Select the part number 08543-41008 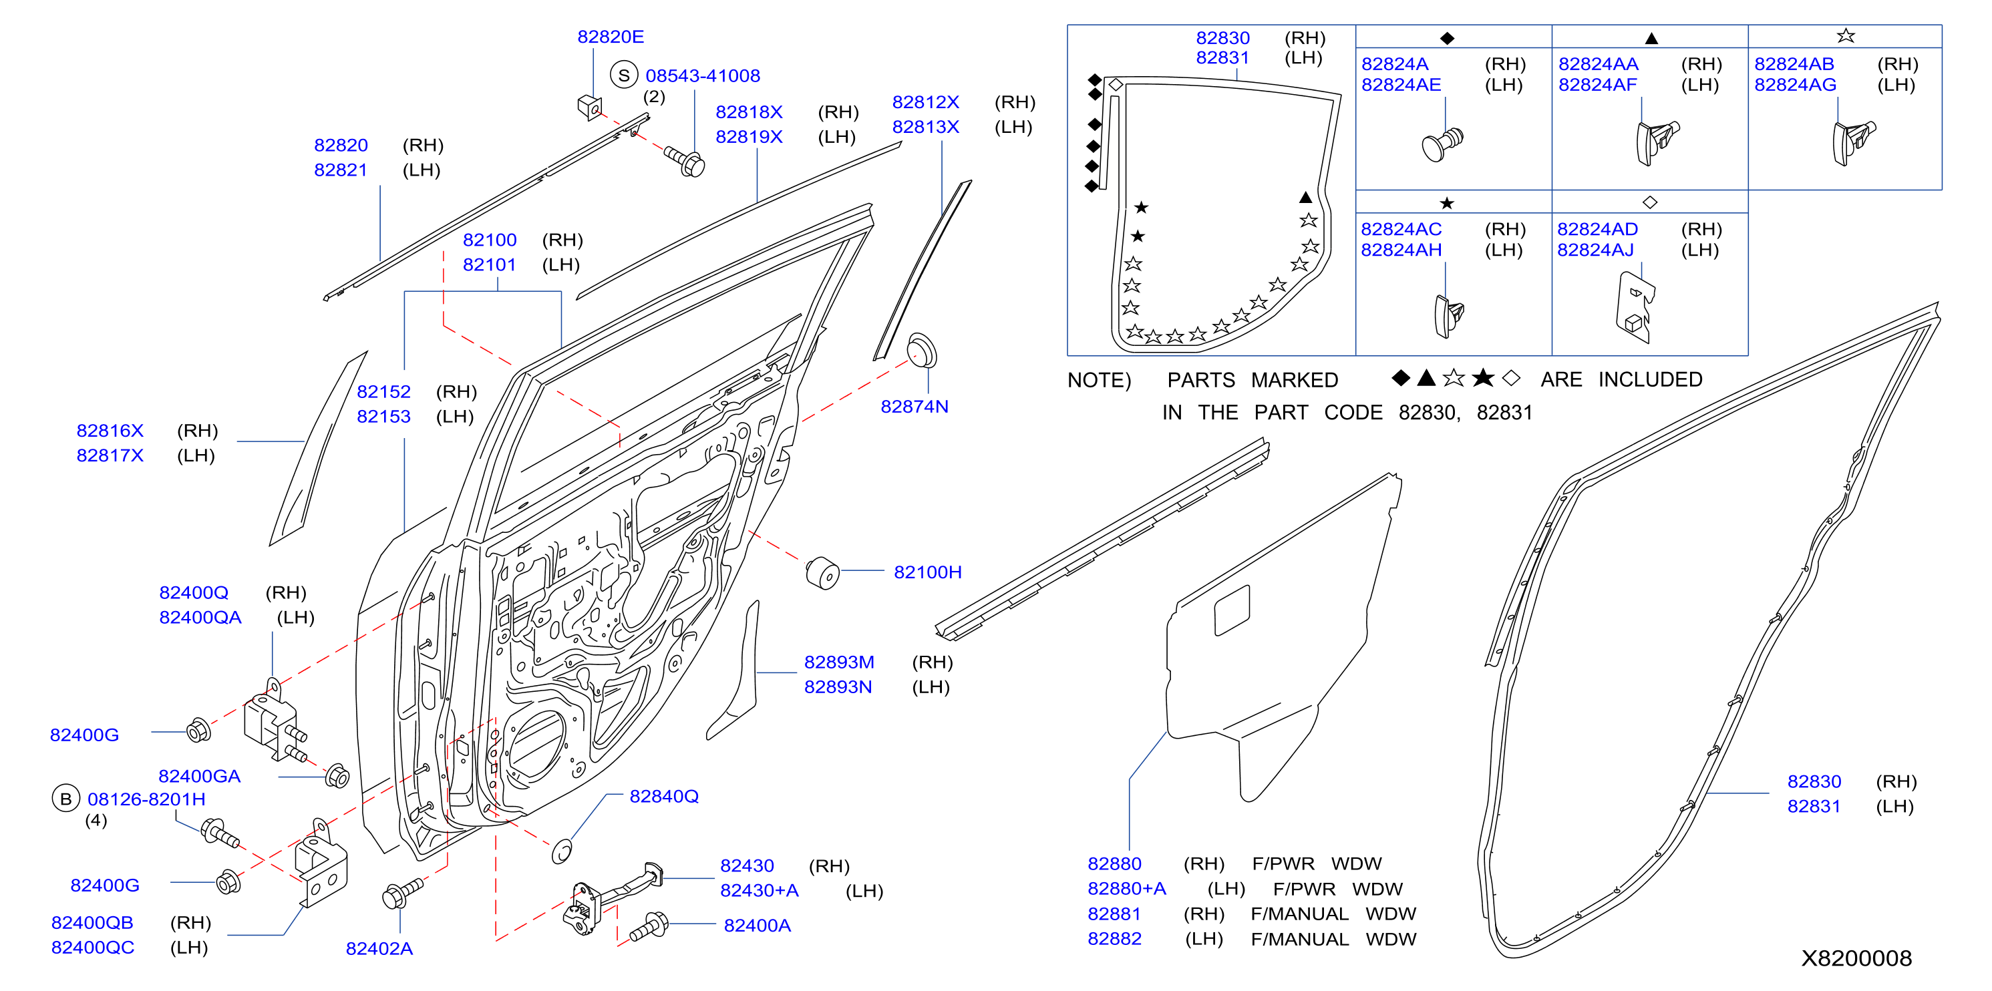pos(702,75)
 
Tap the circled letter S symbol pos(623,75)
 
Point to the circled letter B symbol pos(65,799)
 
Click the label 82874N pos(914,407)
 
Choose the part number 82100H pos(927,572)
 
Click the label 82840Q pos(663,796)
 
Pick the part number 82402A pos(379,948)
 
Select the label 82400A pos(757,926)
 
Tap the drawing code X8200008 pos(1856,958)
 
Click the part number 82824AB pos(1794,64)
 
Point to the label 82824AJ pos(1595,250)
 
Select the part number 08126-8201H pos(146,799)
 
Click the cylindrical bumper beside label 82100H pos(822,573)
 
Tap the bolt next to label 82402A pos(402,894)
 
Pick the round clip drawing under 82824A pos(1442,144)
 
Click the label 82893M pos(839,662)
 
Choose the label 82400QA pos(200,618)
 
